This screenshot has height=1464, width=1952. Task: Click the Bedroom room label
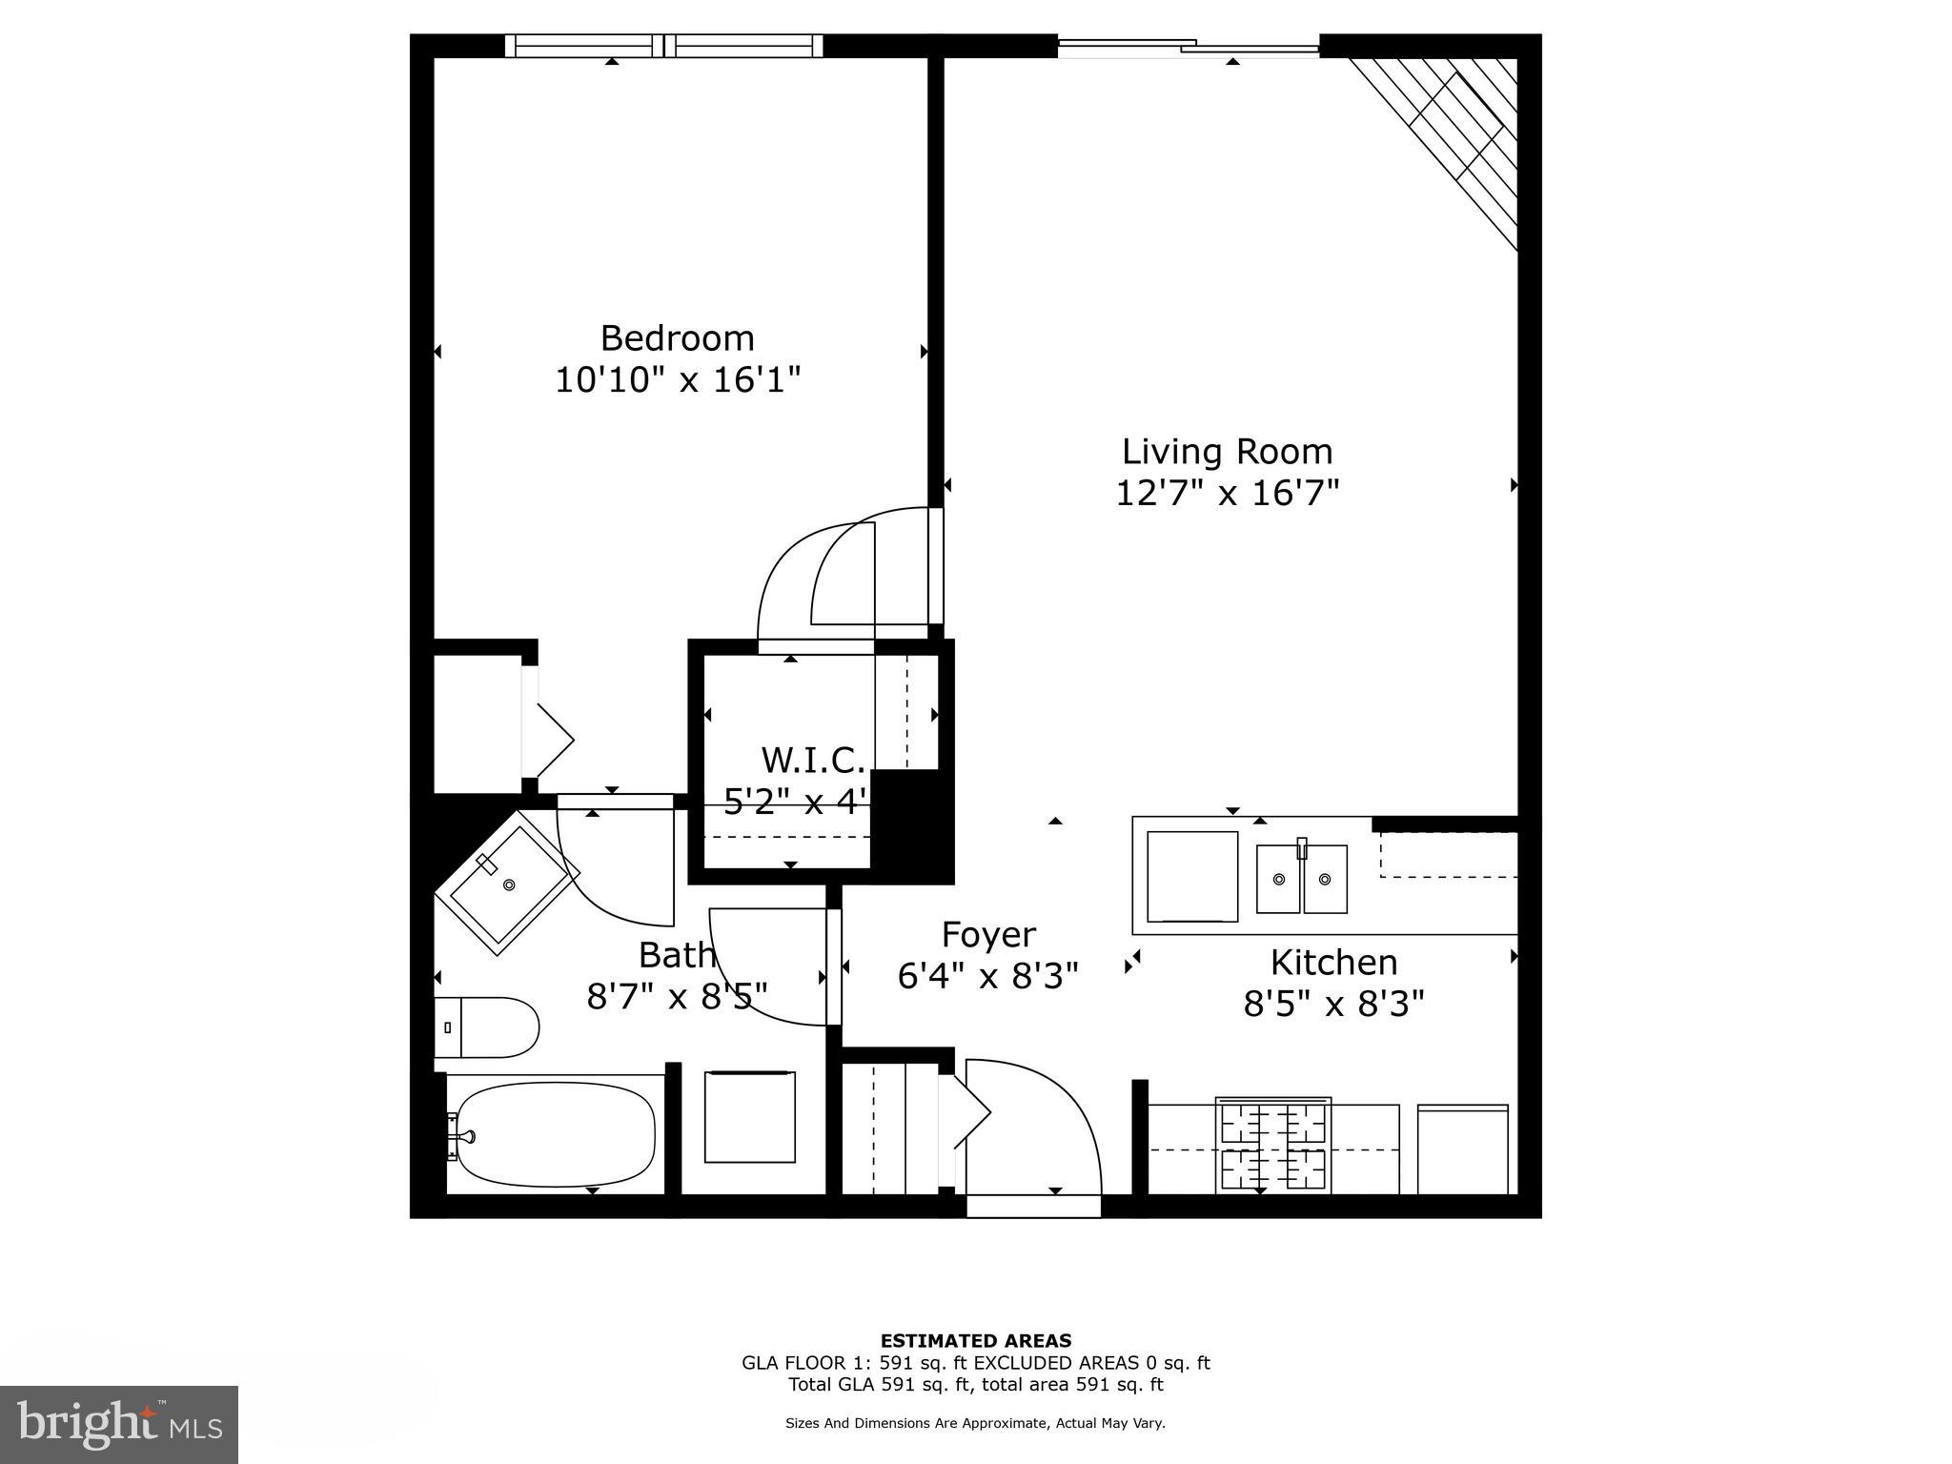pyautogui.click(x=677, y=338)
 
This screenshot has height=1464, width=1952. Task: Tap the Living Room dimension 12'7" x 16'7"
pyautogui.click(x=1227, y=494)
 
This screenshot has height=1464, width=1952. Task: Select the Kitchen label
pyautogui.click(x=1333, y=963)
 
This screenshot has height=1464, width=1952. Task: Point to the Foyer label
pyautogui.click(x=988, y=935)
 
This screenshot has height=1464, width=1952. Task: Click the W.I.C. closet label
pyautogui.click(x=812, y=761)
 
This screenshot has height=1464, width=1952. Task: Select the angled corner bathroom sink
pyautogui.click(x=506, y=884)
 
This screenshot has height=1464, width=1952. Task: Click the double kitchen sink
pyautogui.click(x=1301, y=879)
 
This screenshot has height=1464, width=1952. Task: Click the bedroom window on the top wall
pyautogui.click(x=663, y=45)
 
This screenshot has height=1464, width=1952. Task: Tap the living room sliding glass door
pyautogui.click(x=1189, y=45)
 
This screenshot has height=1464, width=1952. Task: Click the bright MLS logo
pyautogui.click(x=119, y=1424)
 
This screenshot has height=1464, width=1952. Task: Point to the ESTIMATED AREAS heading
pyautogui.click(x=975, y=1341)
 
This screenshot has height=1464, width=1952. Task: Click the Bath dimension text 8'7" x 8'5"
pyautogui.click(x=677, y=997)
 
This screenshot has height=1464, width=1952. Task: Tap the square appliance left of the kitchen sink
pyautogui.click(x=1191, y=876)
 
